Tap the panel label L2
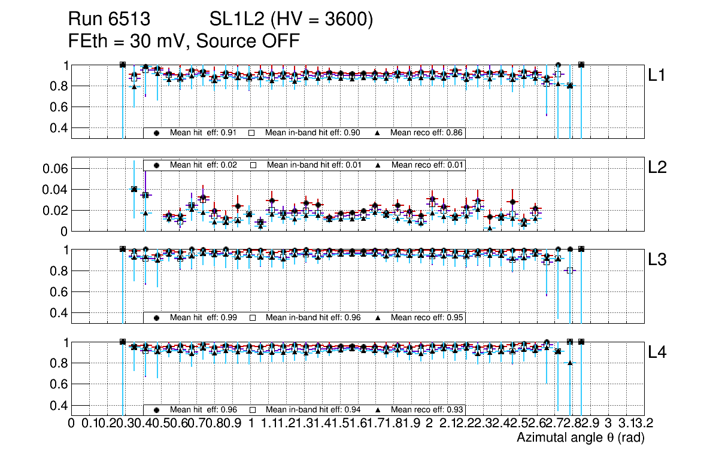pyautogui.click(x=659, y=168)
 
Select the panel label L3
pyautogui.click(x=659, y=260)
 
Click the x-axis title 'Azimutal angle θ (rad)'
pyautogui.click(x=580, y=438)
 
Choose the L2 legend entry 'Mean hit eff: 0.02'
pyautogui.click(x=204, y=165)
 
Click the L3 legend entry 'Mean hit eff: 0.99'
pyautogui.click(x=204, y=317)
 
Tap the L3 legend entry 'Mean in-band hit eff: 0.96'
pyautogui.click(x=312, y=317)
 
